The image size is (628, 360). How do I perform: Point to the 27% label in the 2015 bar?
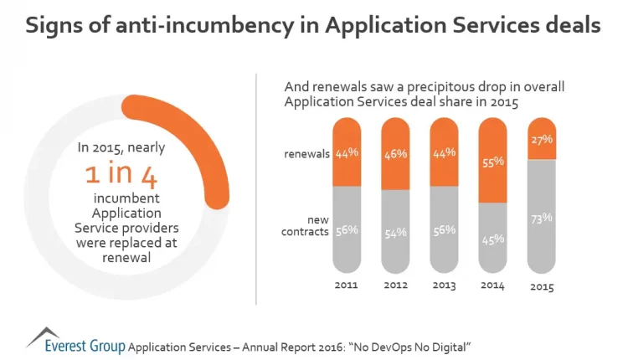tap(541, 140)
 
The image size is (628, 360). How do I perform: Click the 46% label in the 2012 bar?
tap(395, 155)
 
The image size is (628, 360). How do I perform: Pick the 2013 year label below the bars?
tap(444, 285)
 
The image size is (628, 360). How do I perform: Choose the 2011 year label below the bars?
tap(347, 285)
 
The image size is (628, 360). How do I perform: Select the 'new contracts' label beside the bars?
tap(306, 225)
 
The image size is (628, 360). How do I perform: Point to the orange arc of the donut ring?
tap(219, 143)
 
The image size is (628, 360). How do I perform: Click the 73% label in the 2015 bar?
tap(541, 219)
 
